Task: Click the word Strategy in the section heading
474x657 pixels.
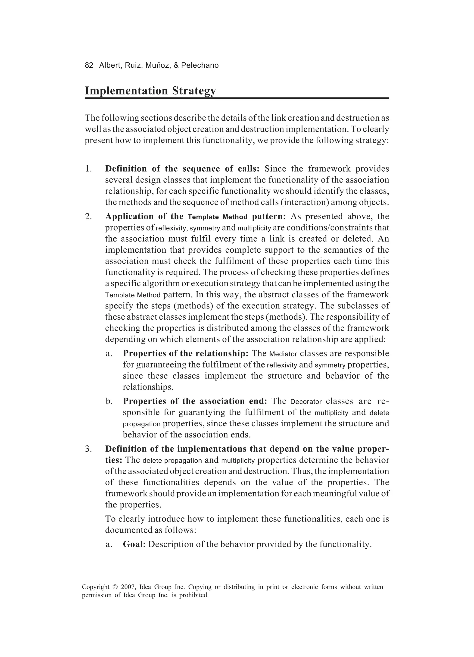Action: coord(194,91)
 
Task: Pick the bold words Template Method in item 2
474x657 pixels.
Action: coord(218,217)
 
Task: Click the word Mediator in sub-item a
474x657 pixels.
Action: coord(283,354)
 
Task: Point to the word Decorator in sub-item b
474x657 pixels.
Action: coord(306,402)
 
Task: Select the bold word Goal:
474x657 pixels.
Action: coord(134,544)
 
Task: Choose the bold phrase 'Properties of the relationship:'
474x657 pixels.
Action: coord(186,353)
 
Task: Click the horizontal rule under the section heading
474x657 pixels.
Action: coord(237,98)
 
